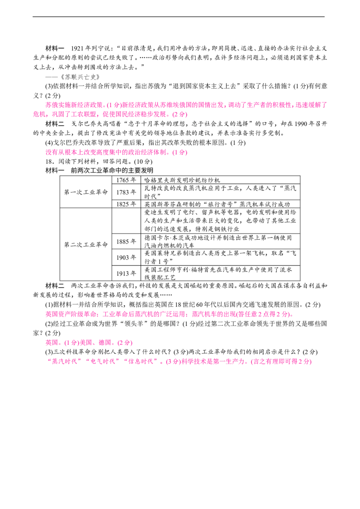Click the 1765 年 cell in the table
126,180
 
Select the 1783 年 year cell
126,192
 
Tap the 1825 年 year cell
126,204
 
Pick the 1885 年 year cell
126,241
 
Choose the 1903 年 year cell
126,257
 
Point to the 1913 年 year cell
126,273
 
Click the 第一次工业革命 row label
86,192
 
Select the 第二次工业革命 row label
86,245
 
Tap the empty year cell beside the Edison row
126,221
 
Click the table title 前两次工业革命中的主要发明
112,171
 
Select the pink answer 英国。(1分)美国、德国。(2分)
89,343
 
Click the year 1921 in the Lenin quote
77,49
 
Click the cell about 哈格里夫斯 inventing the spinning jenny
220,180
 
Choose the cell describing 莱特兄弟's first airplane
220,257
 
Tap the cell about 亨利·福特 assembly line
220,273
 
